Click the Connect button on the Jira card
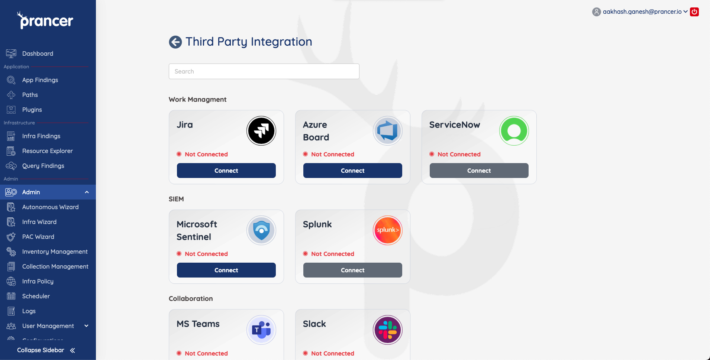tap(226, 171)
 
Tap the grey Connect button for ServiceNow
tap(479, 171)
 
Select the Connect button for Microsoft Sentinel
tap(226, 270)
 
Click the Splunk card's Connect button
tap(352, 270)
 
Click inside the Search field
tap(264, 71)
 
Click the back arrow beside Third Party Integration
tap(175, 42)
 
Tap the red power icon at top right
tap(694, 12)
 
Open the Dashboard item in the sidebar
tap(38, 53)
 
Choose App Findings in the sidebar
tap(40, 80)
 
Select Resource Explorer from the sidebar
tap(47, 151)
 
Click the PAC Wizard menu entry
tap(38, 237)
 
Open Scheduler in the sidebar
tap(36, 296)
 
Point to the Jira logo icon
tap(261, 131)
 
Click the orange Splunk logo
tap(388, 230)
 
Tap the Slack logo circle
tap(388, 330)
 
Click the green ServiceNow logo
tap(514, 131)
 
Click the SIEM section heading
tap(176, 199)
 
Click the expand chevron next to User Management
tap(87, 326)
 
